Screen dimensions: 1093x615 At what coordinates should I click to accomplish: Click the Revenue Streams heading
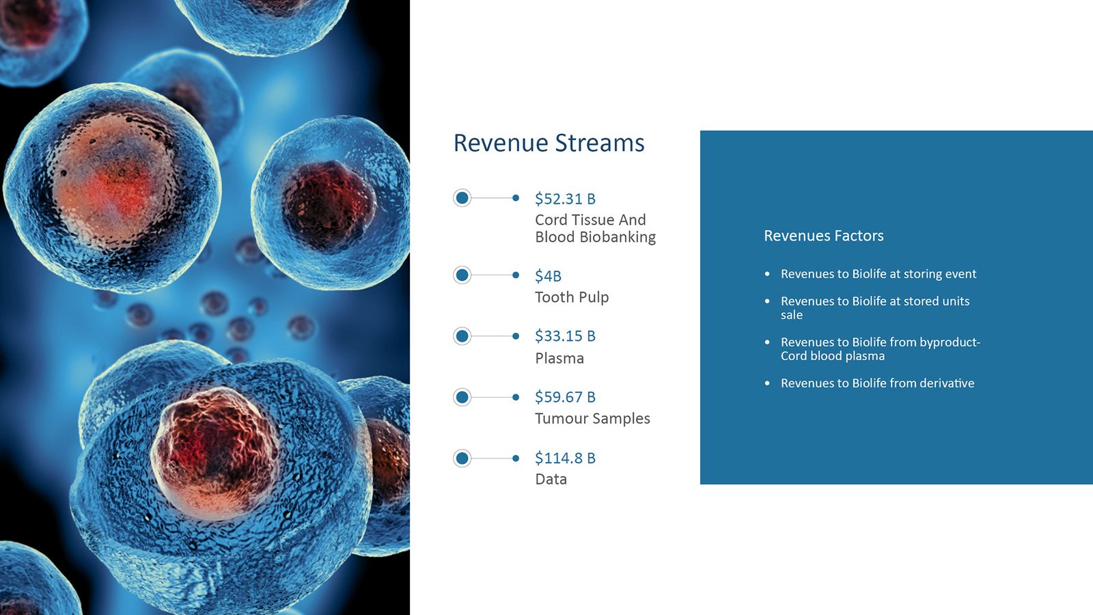(x=549, y=143)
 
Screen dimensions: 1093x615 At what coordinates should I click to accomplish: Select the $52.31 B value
(x=565, y=199)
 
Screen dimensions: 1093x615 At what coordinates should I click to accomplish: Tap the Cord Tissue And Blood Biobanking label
(x=595, y=228)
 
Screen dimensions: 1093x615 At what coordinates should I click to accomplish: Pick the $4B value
(x=548, y=276)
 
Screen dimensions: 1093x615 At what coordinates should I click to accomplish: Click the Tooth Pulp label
(x=572, y=297)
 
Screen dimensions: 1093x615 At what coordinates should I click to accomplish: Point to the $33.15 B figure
(x=565, y=336)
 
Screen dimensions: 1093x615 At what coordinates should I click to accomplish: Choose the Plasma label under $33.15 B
(x=559, y=358)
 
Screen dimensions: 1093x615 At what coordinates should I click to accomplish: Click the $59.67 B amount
(x=565, y=397)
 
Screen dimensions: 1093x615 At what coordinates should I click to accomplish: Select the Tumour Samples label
(x=592, y=418)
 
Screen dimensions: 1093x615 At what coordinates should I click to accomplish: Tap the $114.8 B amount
(x=565, y=458)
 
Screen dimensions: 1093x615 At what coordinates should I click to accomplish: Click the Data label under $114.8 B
(x=551, y=479)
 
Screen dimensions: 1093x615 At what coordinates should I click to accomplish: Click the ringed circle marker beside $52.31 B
(x=462, y=198)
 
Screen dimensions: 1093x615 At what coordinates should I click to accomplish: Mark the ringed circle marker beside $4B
(x=462, y=275)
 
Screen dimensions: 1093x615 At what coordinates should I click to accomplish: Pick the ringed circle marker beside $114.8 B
(x=462, y=459)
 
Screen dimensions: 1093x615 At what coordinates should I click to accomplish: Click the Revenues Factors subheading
(x=824, y=236)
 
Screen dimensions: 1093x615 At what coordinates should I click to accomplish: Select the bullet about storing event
(x=878, y=274)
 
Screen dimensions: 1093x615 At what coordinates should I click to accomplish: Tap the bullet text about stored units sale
(x=875, y=308)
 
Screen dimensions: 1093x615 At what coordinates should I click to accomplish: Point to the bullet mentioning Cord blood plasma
(x=881, y=349)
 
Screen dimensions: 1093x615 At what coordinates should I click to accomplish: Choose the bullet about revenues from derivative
(x=877, y=383)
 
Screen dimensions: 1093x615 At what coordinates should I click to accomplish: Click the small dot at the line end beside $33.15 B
(x=516, y=336)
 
